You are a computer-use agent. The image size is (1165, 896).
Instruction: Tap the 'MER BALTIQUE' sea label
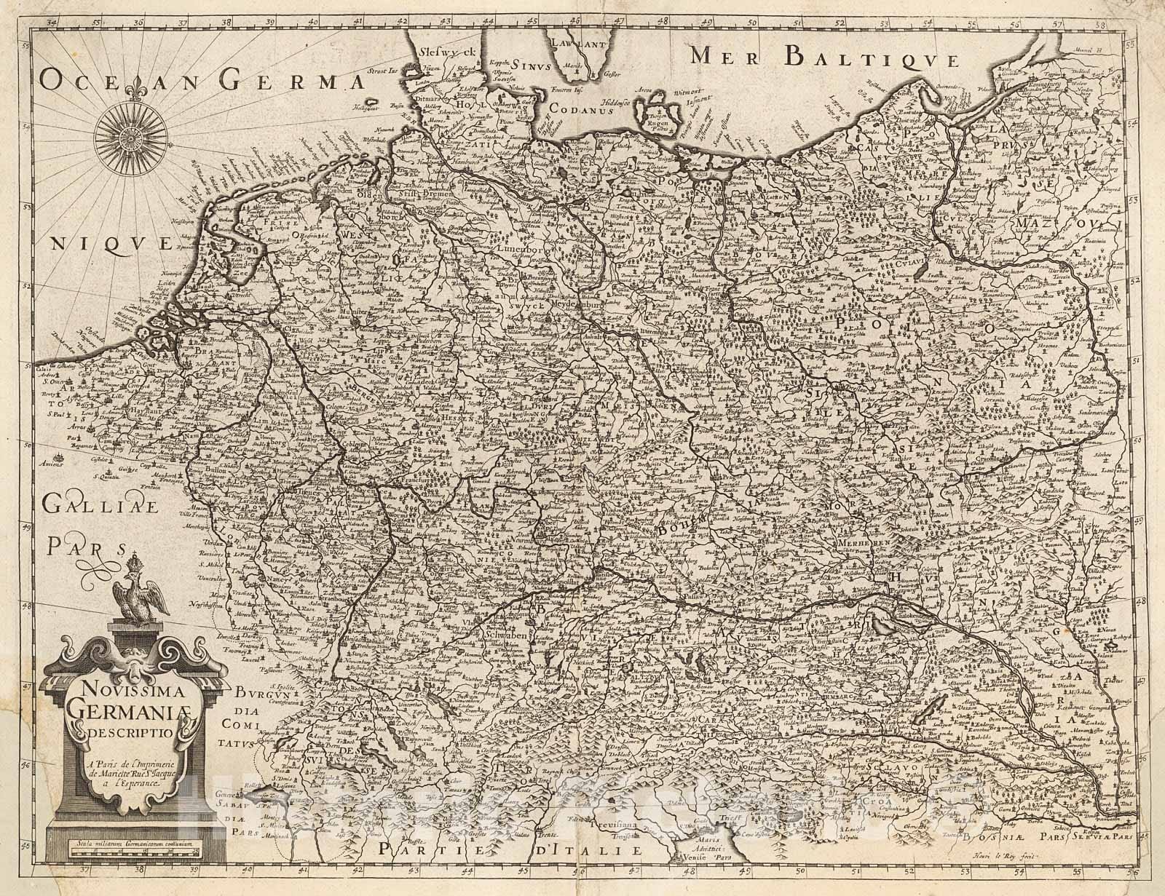click(825, 55)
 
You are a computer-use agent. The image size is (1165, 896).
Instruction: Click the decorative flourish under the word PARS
click(100, 564)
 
